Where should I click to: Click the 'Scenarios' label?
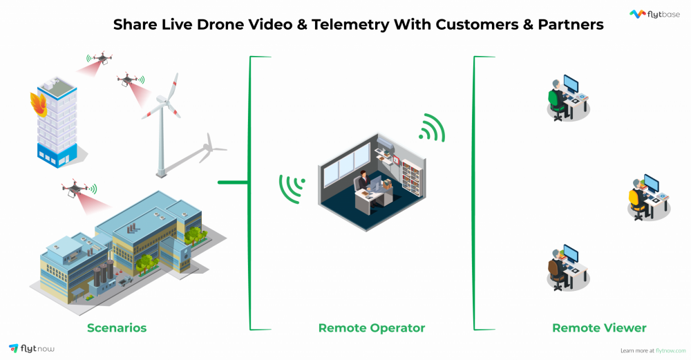point(117,328)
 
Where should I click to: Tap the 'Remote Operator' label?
point(371,328)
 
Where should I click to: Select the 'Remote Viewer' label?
point(599,328)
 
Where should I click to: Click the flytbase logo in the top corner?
point(656,14)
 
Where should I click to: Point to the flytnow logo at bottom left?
point(32,348)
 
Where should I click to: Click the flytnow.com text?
point(670,350)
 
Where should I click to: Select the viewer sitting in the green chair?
point(556,97)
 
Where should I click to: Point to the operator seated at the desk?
point(362,182)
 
